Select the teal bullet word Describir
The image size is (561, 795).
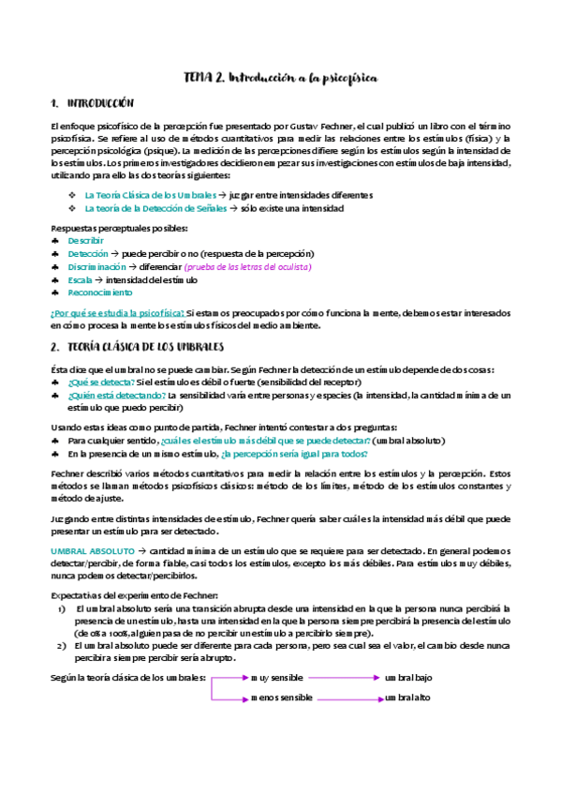click(85, 241)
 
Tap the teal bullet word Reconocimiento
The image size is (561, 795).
click(100, 292)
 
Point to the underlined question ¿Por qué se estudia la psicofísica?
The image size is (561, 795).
click(117, 312)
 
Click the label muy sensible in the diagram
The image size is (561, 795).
click(277, 676)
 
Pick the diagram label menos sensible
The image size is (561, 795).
click(282, 697)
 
